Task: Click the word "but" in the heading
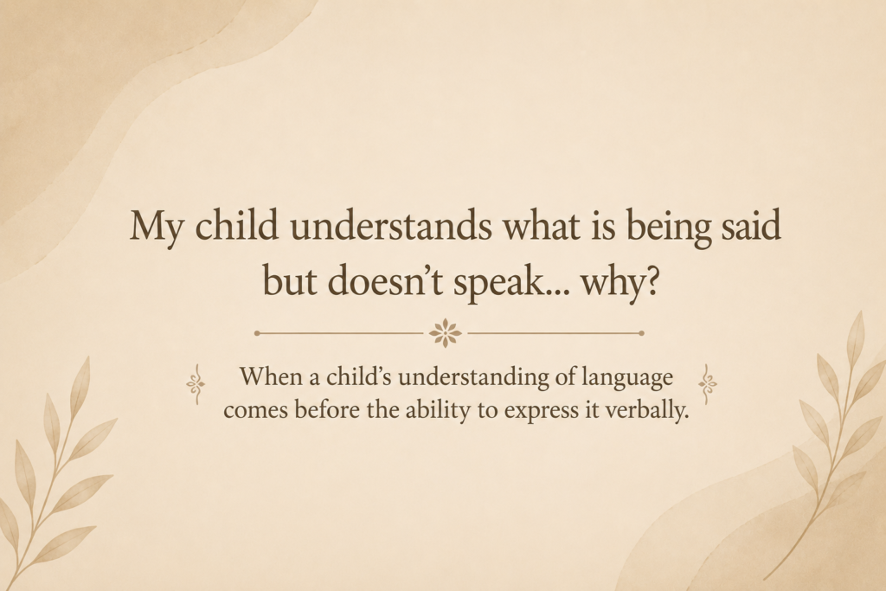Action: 289,280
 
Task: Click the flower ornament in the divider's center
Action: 446,333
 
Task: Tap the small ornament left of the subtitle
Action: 196,384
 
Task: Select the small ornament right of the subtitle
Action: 708,384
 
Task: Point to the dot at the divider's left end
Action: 257,333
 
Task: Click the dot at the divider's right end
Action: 641,333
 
